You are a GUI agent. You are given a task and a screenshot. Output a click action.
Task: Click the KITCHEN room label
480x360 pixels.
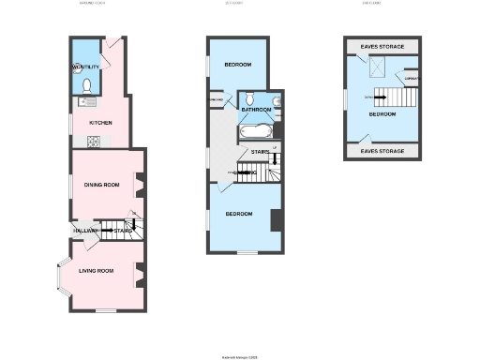(100, 123)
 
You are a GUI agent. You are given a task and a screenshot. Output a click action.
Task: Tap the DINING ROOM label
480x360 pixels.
(104, 185)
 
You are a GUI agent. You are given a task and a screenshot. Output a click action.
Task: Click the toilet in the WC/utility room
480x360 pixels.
(86, 85)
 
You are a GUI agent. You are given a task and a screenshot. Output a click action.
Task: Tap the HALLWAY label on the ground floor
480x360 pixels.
(85, 230)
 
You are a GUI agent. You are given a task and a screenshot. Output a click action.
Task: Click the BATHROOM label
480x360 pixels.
(256, 110)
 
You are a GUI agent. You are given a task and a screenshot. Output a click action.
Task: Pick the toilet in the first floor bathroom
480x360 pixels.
(249, 98)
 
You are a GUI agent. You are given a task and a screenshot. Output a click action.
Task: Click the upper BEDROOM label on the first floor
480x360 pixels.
(237, 65)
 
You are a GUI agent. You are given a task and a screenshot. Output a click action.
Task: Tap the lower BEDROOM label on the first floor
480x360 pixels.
(238, 214)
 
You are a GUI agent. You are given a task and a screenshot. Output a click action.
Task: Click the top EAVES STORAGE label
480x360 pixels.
(382, 46)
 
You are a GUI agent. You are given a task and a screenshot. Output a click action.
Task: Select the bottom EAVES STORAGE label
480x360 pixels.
(382, 150)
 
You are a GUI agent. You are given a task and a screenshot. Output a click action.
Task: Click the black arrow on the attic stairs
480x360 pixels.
(382, 94)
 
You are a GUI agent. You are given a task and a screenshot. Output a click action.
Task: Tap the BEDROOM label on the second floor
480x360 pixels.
(382, 114)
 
